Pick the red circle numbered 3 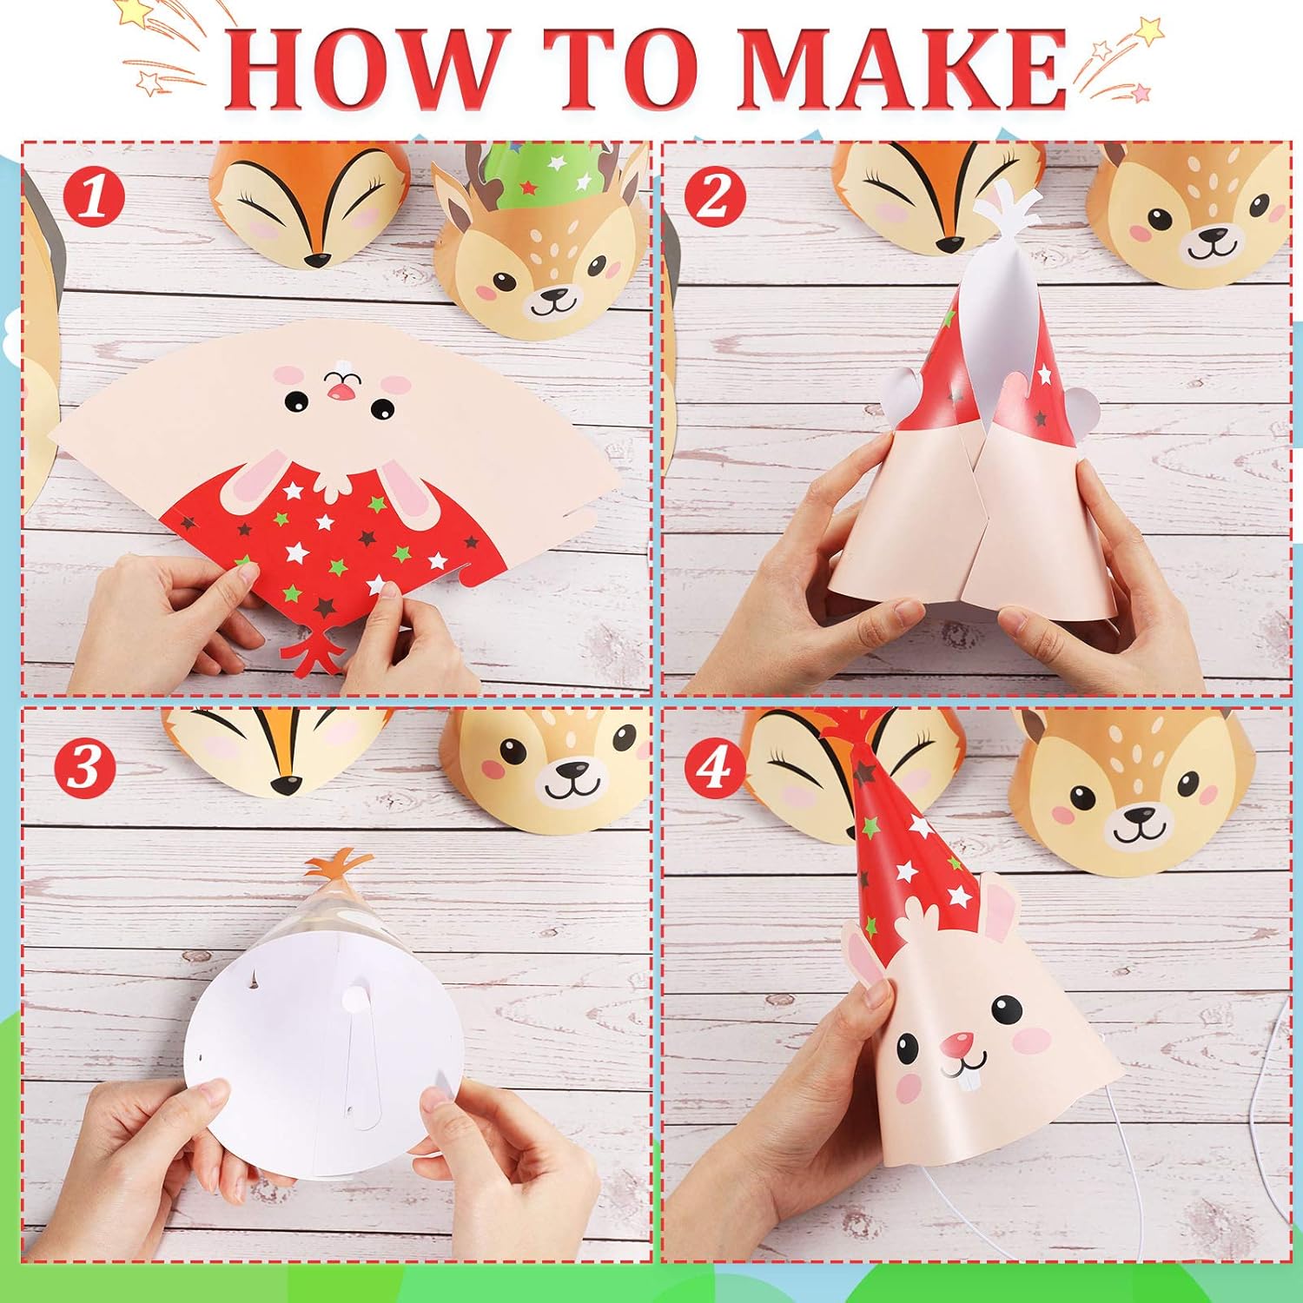click(84, 766)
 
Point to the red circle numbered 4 click(714, 766)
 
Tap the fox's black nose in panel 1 click(317, 258)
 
